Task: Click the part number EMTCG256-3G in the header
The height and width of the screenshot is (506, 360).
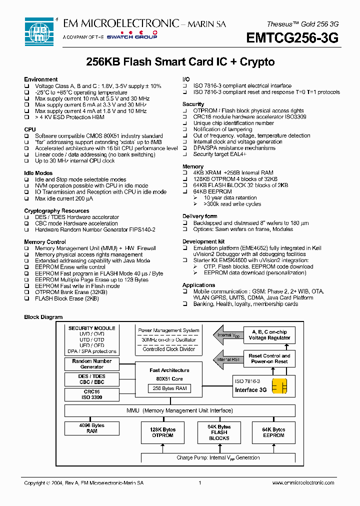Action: tap(292, 38)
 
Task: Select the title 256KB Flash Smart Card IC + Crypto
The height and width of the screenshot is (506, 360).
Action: tap(180, 62)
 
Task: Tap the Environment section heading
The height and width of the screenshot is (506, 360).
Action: tap(40, 79)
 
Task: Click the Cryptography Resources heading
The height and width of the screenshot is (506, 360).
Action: tap(56, 211)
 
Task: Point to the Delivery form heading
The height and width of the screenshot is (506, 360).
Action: tap(199, 216)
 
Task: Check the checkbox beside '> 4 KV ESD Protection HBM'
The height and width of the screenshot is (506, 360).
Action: tap(27, 117)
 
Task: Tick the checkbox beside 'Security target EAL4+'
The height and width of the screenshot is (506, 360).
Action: tap(184, 154)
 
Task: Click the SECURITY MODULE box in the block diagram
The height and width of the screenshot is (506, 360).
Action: tap(92, 340)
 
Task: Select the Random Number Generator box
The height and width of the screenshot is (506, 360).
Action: tap(92, 364)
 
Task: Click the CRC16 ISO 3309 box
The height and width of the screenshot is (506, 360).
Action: tap(92, 394)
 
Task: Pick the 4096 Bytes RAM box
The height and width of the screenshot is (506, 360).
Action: tap(92, 428)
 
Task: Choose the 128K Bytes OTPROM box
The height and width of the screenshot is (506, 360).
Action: tap(162, 432)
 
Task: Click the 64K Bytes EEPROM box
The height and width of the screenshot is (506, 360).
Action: tap(273, 432)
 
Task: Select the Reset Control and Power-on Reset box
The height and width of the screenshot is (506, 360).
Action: tap(269, 358)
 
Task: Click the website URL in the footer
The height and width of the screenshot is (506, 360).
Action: tap(303, 483)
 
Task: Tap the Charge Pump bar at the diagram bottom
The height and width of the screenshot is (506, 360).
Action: tap(218, 457)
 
